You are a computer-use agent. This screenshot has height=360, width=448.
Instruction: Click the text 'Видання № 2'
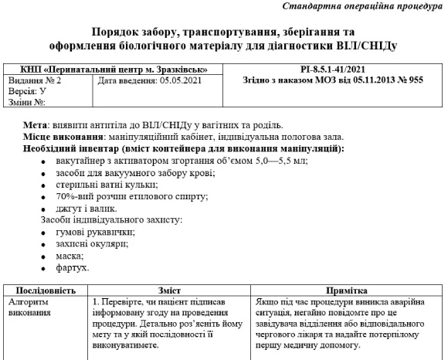tap(35, 80)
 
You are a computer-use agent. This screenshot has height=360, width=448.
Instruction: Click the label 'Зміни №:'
tap(28, 101)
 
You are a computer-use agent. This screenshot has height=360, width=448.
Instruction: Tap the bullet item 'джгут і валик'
tap(86, 208)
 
